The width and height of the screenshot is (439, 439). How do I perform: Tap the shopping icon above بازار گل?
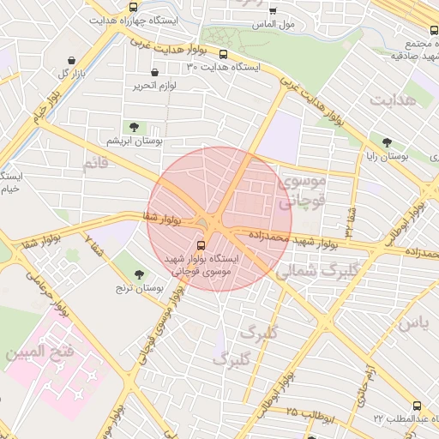click(71, 60)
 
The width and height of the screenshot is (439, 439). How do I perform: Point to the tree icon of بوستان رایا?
click(388, 143)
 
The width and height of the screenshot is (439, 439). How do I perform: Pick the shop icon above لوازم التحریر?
click(154, 73)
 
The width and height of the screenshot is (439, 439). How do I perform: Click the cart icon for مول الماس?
click(274, 11)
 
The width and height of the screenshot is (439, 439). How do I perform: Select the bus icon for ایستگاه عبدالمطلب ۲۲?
click(418, 406)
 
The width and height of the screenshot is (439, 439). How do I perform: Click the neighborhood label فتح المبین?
click(32, 352)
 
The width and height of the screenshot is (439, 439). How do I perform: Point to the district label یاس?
click(412, 324)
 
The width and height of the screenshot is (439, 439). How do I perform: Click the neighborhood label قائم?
click(95, 161)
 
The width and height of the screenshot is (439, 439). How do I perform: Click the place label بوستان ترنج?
click(140, 290)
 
